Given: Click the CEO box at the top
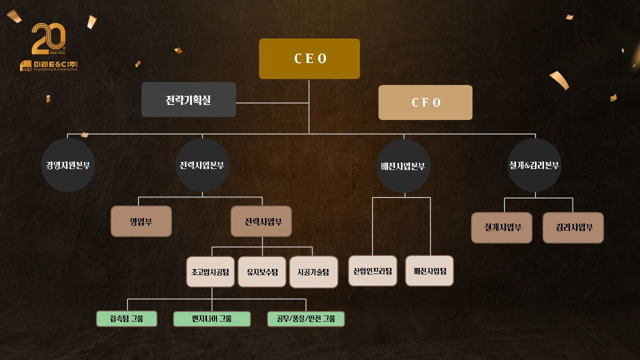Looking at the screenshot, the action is [x=309, y=58].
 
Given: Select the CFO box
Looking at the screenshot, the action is [x=425, y=102].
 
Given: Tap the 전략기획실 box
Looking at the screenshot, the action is [x=188, y=99].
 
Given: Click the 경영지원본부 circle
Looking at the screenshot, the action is [x=68, y=165].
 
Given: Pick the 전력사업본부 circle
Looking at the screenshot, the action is [x=202, y=165].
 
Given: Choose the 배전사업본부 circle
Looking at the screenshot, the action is [x=403, y=166].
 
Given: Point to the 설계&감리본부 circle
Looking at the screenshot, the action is [x=534, y=165].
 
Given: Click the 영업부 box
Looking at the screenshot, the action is [x=141, y=221].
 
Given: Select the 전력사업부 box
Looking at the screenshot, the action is [x=261, y=221].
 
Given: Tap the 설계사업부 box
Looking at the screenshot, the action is [x=501, y=227].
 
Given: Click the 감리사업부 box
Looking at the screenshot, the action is [x=573, y=227].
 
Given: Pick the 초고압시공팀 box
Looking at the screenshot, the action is [x=210, y=272].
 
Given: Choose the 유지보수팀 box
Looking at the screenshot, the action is [x=262, y=272].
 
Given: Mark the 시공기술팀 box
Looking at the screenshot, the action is [x=313, y=272].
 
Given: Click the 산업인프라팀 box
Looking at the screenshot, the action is [x=372, y=271].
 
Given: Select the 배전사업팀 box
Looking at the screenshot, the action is [x=429, y=271].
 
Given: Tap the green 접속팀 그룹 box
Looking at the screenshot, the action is [x=126, y=318].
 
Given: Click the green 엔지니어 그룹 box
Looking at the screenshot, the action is [x=212, y=319].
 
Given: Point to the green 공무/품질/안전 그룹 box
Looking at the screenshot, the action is [x=306, y=319].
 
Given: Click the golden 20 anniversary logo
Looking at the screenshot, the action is [x=48, y=39].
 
